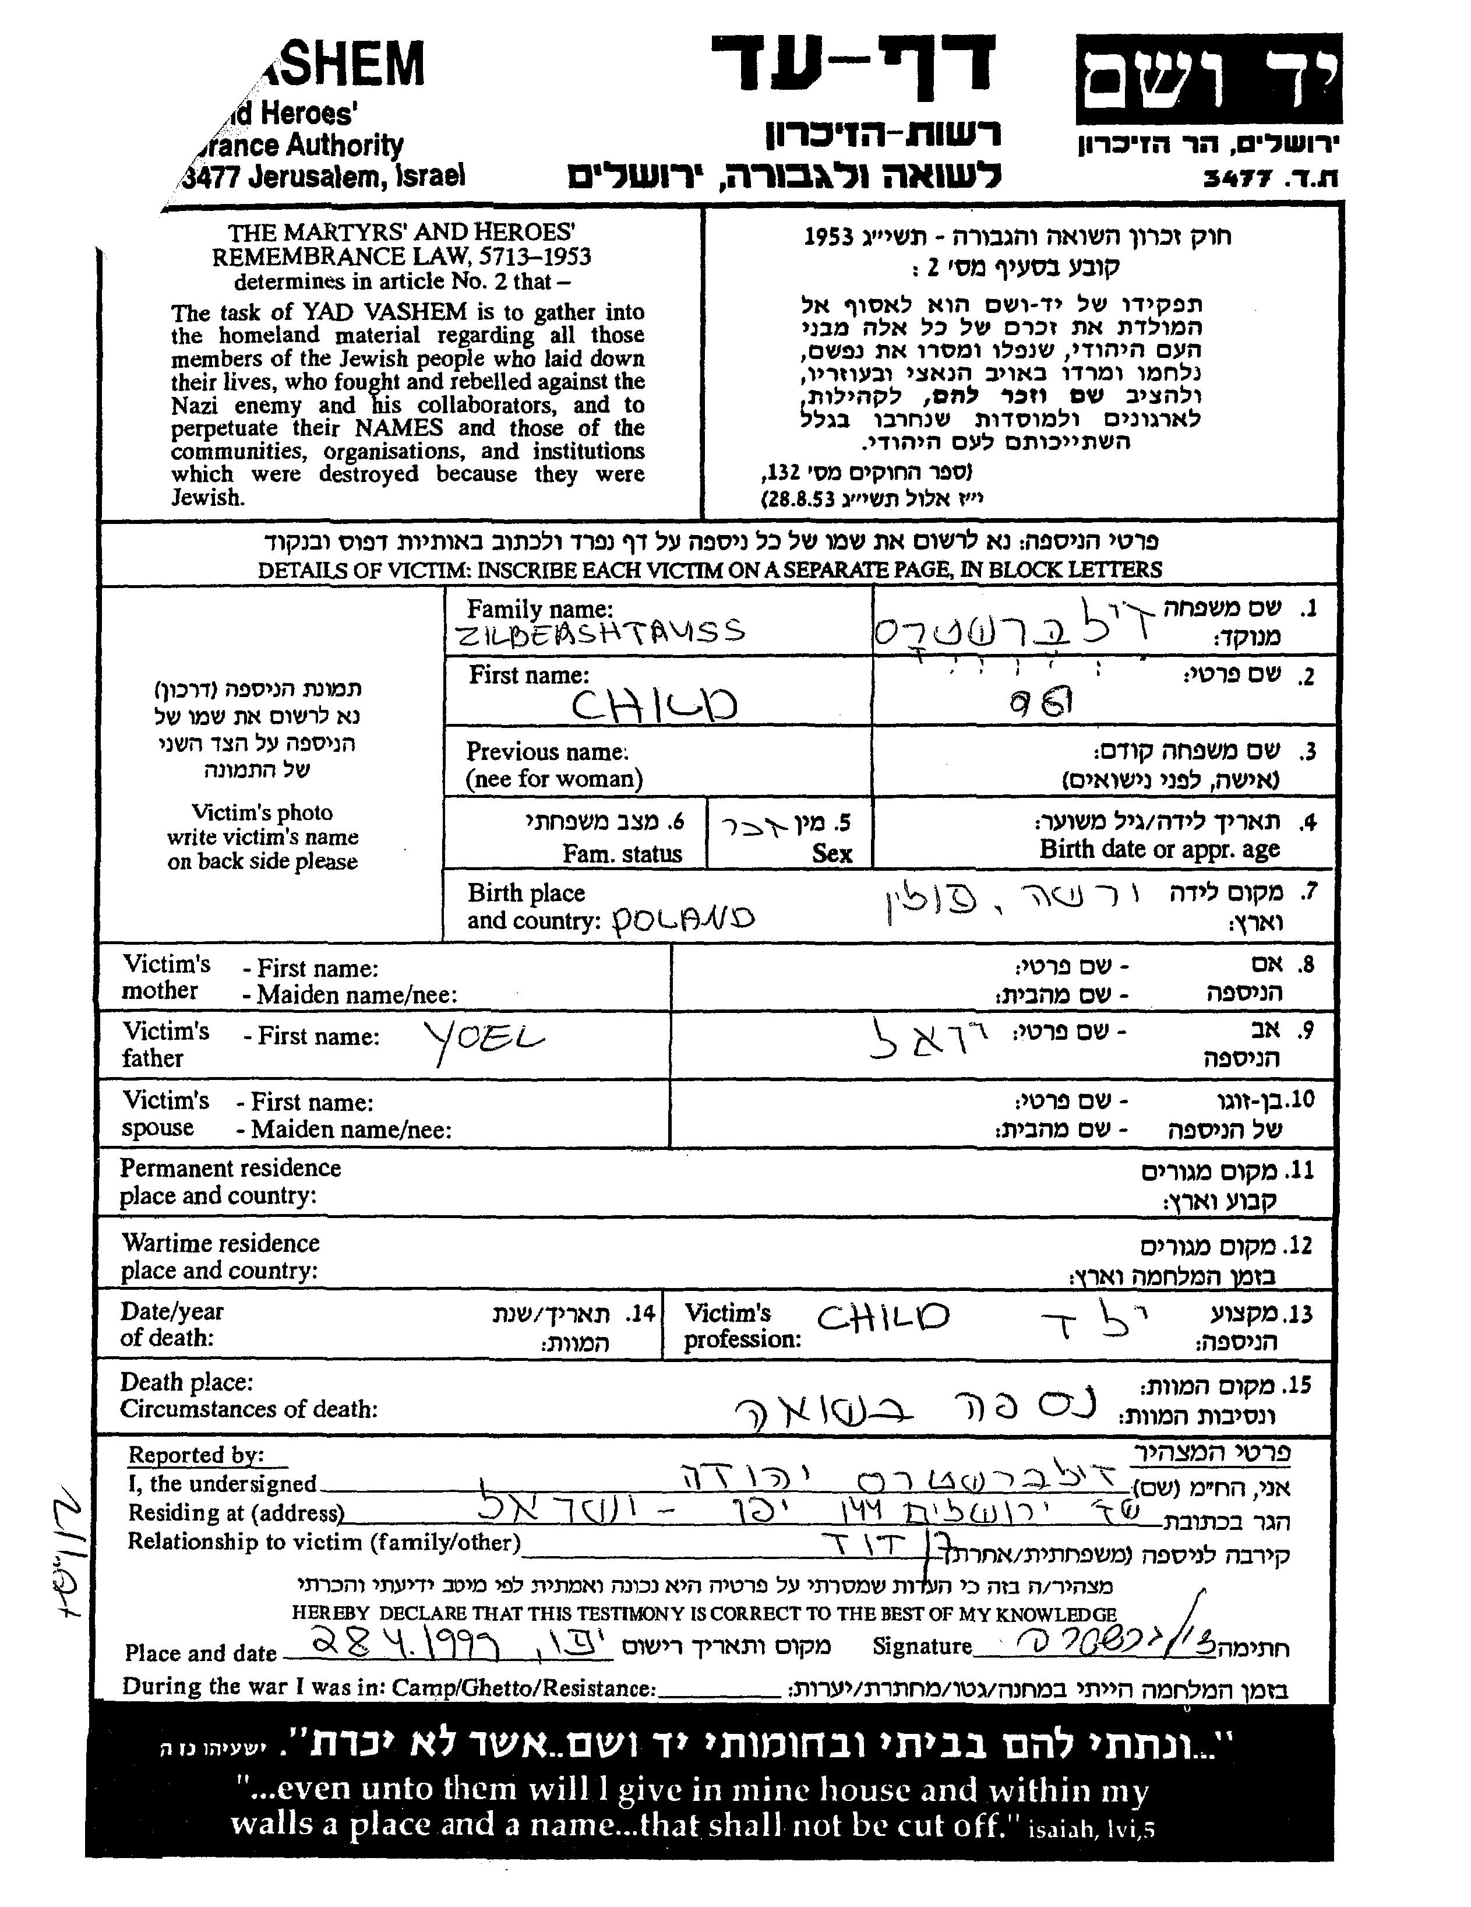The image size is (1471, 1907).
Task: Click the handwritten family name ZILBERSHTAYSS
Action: (x=601, y=631)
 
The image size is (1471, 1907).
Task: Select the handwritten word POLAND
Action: (x=683, y=919)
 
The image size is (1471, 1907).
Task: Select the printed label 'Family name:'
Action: (x=539, y=608)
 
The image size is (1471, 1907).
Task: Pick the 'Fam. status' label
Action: (x=622, y=853)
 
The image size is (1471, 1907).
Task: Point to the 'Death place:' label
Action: (x=187, y=1382)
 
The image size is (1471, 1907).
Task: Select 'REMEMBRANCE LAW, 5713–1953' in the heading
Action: (x=401, y=256)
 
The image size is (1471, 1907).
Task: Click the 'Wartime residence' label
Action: (x=220, y=1243)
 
